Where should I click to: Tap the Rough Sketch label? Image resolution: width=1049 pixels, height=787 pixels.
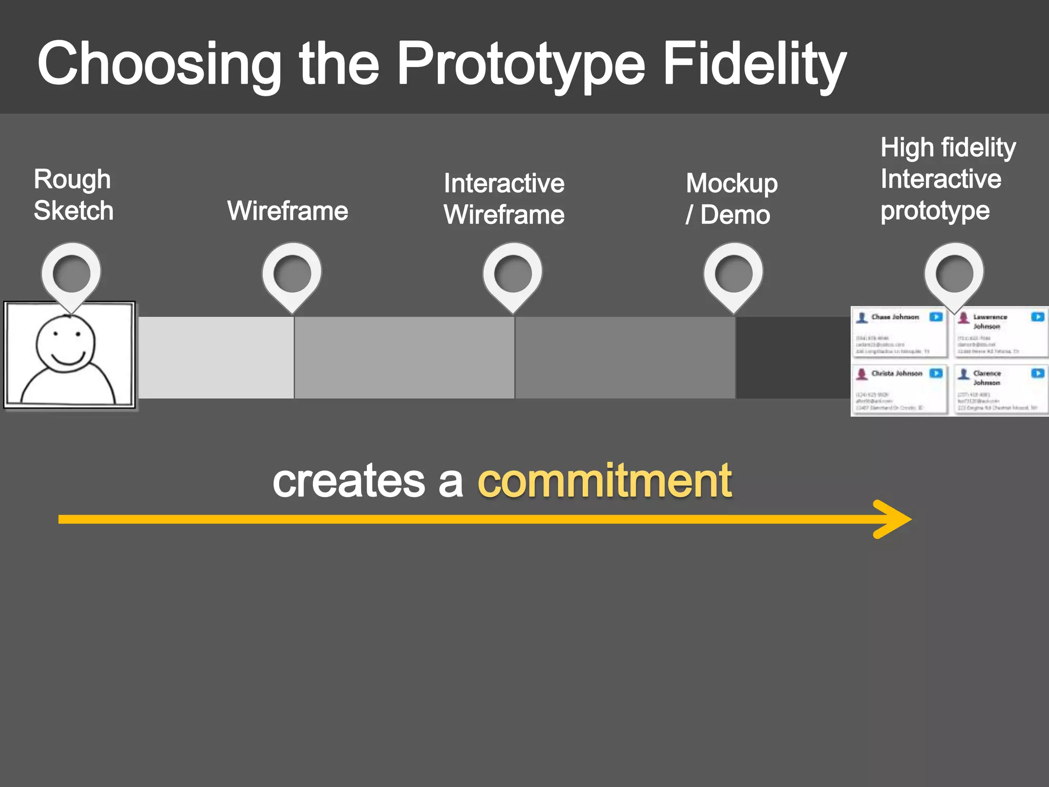click(x=73, y=195)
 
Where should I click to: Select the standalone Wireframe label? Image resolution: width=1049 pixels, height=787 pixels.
click(x=287, y=211)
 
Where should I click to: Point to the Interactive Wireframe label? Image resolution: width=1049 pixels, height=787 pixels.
click(x=504, y=199)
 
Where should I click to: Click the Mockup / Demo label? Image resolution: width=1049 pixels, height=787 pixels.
click(x=731, y=199)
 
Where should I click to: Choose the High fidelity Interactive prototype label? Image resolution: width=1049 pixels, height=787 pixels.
click(x=948, y=179)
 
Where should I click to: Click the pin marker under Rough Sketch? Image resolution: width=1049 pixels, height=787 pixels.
click(x=71, y=274)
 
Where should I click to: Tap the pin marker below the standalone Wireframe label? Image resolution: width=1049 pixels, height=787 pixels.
click(x=292, y=274)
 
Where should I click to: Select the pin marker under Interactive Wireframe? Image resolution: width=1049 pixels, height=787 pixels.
click(x=513, y=274)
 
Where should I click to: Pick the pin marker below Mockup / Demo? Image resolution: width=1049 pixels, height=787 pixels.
click(x=733, y=274)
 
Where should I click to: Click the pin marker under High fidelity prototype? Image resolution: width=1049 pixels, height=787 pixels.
click(x=954, y=274)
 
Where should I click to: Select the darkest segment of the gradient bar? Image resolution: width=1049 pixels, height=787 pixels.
click(x=793, y=357)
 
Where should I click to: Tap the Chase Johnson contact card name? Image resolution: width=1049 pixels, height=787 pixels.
click(x=895, y=317)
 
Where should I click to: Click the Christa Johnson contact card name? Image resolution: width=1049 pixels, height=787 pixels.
click(x=896, y=374)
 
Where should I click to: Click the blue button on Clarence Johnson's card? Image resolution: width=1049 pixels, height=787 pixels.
click(x=1038, y=373)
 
